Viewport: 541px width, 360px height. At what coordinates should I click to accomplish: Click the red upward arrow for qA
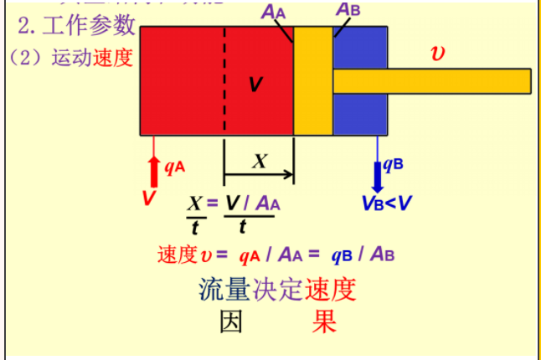coord(153,171)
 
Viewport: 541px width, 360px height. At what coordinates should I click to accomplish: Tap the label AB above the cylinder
coord(348,9)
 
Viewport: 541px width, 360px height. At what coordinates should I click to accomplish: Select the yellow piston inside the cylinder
coord(313,80)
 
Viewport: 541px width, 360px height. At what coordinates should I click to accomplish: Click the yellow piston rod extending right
coord(431,80)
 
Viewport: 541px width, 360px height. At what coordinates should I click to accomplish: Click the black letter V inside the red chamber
coord(256,84)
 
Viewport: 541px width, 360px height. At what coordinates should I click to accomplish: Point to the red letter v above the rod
coord(437,52)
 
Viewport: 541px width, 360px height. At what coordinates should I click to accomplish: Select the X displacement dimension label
coord(260,162)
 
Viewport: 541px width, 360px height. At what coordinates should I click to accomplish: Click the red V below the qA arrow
coord(149,198)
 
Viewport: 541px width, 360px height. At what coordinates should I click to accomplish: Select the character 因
coord(231,321)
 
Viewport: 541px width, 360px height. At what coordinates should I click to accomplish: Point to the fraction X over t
coord(195,214)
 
